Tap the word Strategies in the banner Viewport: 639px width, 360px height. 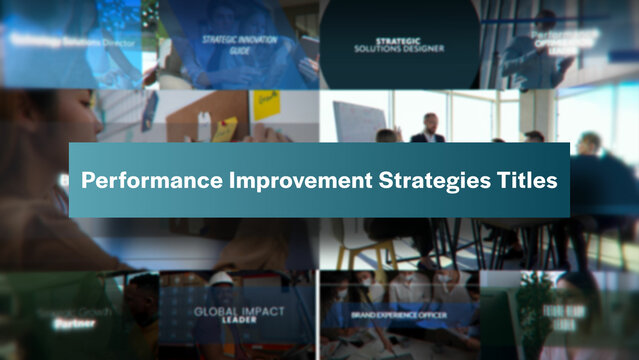[x=423, y=181]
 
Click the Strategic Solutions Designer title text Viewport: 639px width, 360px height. [x=399, y=46]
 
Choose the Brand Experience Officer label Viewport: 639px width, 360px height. [x=399, y=314]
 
